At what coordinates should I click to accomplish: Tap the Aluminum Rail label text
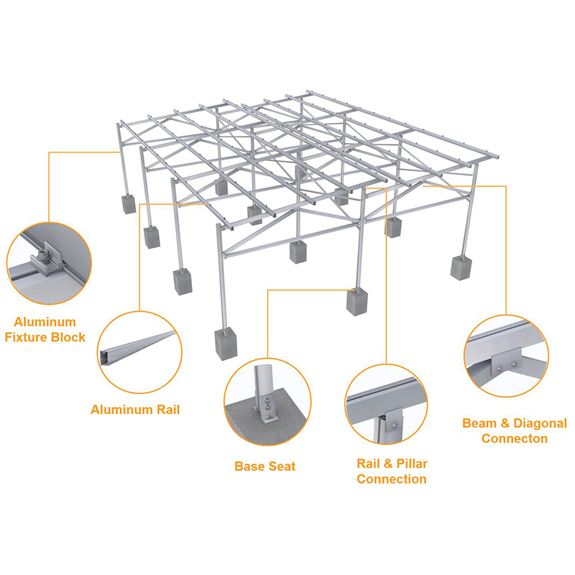pos(135,410)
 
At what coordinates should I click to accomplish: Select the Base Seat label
pos(264,466)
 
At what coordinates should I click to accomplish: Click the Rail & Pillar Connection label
pos(392,471)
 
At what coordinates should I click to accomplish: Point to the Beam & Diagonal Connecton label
pos(514,431)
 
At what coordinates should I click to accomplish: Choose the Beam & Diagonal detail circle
pos(507,356)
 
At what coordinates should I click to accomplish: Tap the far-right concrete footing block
pos(461,267)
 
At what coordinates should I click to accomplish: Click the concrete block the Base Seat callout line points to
pos(357,300)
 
